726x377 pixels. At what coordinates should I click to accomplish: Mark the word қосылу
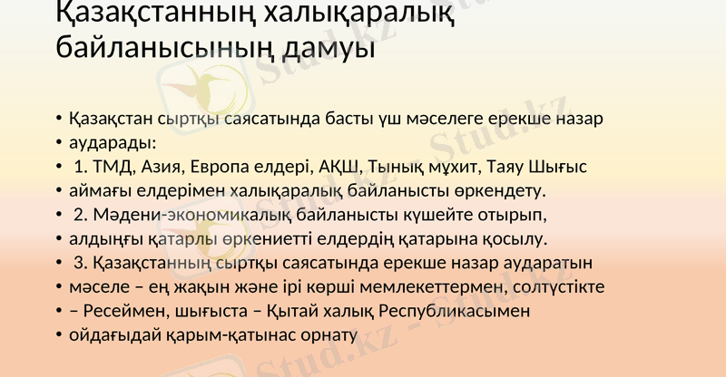pos(517,239)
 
